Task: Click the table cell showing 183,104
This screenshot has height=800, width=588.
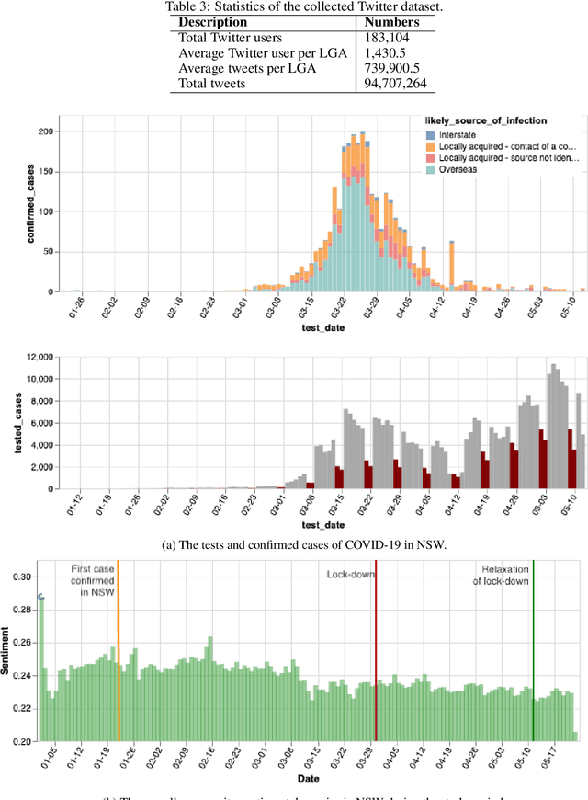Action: pyautogui.click(x=387, y=37)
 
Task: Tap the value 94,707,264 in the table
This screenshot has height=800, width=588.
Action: pyautogui.click(x=395, y=84)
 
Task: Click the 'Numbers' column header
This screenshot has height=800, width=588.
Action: pyautogui.click(x=393, y=21)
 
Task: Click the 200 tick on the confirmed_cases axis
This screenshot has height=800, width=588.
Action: pyautogui.click(x=43, y=131)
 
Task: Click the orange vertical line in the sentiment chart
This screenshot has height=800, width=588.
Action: pyautogui.click(x=119, y=662)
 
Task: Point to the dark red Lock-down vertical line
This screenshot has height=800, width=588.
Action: pyautogui.click(x=376, y=662)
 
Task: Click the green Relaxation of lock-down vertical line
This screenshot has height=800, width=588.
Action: pyautogui.click(x=533, y=662)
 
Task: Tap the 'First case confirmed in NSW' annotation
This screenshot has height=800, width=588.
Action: pyautogui.click(x=93, y=581)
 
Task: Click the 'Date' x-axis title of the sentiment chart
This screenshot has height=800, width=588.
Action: pyautogui.click(x=314, y=777)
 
